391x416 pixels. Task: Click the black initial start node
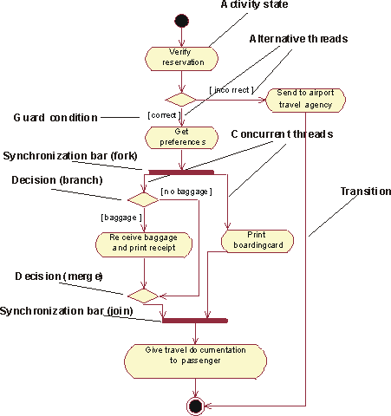click(181, 21)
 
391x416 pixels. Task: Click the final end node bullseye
click(195, 406)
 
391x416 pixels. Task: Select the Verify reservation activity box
click(181, 59)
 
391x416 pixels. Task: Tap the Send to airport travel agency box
click(305, 100)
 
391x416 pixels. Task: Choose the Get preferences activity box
click(181, 138)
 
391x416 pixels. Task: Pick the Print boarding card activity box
click(257, 241)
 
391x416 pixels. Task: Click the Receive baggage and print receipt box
click(144, 244)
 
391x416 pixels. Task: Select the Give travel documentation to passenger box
click(195, 361)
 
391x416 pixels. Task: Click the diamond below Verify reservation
click(180, 100)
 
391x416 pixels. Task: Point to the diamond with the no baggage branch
click(143, 199)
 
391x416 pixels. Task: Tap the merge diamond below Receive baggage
click(143, 296)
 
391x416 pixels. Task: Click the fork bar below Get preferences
click(181, 172)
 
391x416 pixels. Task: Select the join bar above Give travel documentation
click(195, 321)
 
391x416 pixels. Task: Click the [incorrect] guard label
click(231, 90)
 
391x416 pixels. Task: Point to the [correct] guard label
click(164, 115)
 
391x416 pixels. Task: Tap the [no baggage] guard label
click(186, 192)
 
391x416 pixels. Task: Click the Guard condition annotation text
click(55, 118)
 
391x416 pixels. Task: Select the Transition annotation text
click(366, 192)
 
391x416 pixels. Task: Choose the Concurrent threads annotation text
click(282, 134)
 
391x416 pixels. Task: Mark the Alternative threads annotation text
click(298, 39)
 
